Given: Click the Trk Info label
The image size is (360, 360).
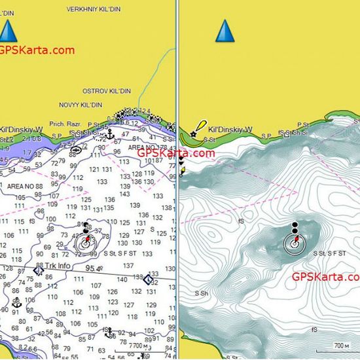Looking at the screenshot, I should [58, 266].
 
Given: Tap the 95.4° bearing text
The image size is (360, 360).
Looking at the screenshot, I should [94, 268].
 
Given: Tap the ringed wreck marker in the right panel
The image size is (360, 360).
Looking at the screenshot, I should [295, 243].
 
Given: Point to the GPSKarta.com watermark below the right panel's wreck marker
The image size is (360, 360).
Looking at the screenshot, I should [325, 277].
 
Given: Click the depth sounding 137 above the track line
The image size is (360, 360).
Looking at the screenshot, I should [128, 266].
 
